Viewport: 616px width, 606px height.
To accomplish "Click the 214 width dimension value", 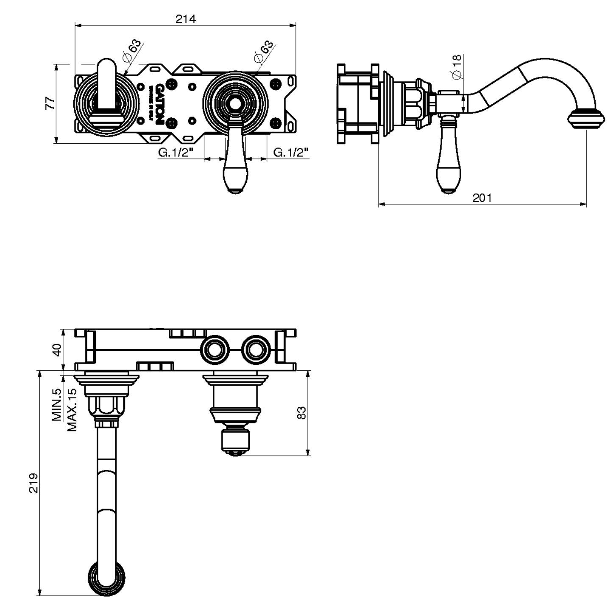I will [186, 19].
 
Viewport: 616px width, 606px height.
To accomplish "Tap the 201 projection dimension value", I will [482, 197].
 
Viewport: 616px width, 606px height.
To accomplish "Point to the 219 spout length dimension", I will [33, 483].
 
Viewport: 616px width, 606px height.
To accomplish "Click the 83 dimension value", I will [301, 413].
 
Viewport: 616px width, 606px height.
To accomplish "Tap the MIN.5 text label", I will [57, 405].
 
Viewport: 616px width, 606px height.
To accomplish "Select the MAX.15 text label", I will [72, 409].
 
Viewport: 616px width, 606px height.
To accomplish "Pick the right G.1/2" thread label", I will [290, 153].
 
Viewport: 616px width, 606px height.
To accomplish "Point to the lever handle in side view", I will [449, 161].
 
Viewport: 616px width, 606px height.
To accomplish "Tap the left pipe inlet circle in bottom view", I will [216, 349].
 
